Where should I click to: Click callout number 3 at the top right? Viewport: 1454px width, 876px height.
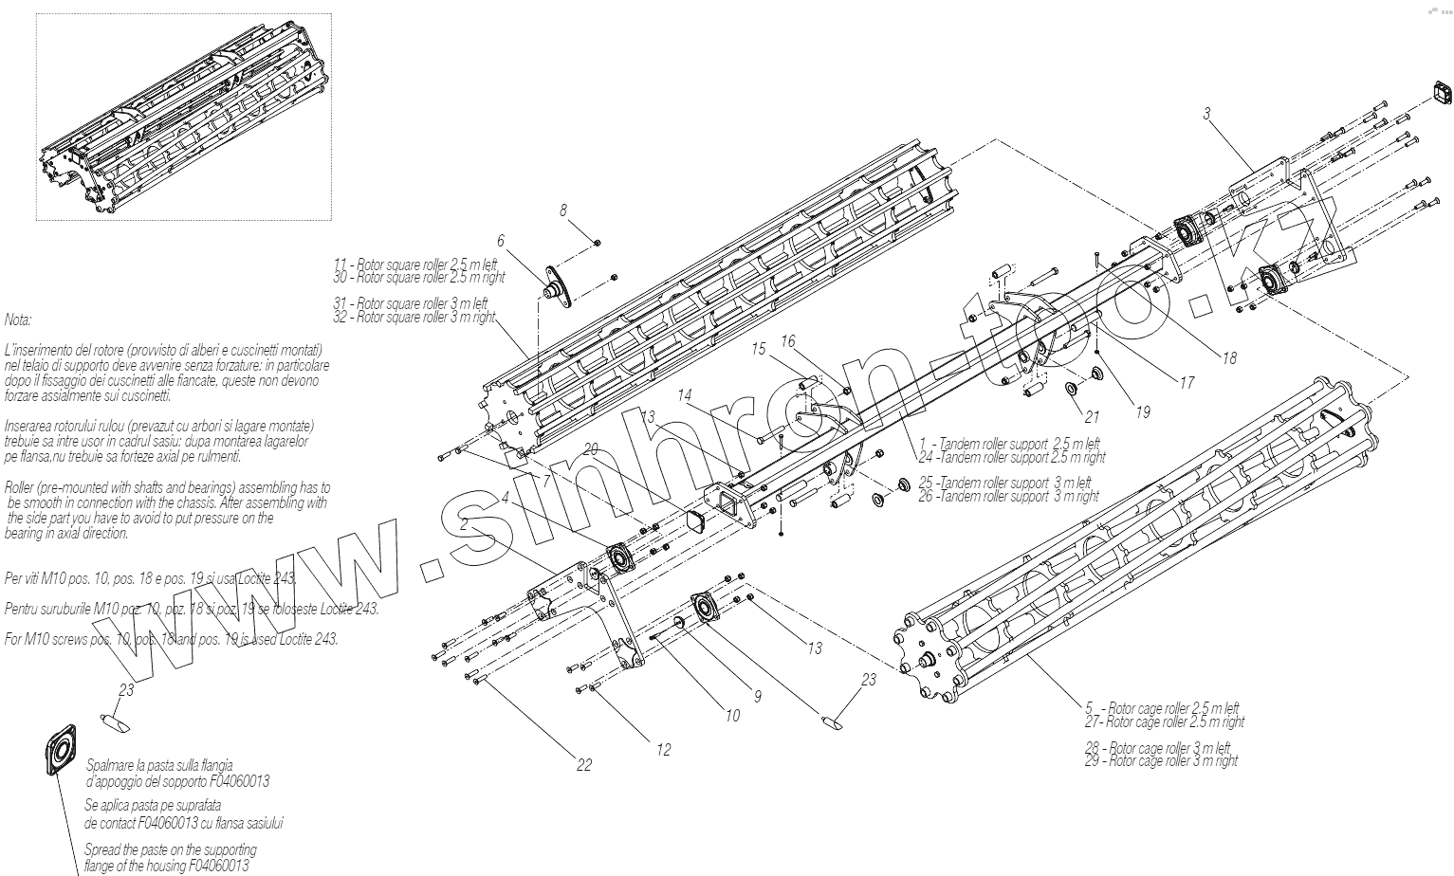tap(1206, 114)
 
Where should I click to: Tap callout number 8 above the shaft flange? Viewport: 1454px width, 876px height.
tap(563, 210)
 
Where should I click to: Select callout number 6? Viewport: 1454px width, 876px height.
tap(501, 241)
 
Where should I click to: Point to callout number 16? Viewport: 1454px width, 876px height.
tap(788, 341)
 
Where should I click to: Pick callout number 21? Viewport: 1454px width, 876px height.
tap(1092, 416)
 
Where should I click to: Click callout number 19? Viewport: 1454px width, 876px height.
tap(1143, 411)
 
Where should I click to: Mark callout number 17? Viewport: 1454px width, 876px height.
tap(1187, 383)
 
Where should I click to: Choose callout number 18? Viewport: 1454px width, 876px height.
tap(1229, 358)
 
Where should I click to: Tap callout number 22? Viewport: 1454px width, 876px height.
tap(584, 765)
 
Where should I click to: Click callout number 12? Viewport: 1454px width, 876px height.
tap(663, 750)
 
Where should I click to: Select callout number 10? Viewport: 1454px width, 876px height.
tap(732, 716)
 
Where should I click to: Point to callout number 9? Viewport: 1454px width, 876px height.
tap(758, 697)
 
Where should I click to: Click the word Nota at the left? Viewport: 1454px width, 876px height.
tap(18, 320)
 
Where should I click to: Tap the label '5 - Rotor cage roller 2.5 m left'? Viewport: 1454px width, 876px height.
tap(1163, 708)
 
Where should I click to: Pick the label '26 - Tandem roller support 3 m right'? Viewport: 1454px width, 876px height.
tap(1008, 496)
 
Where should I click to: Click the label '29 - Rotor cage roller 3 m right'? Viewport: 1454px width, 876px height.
tap(1161, 760)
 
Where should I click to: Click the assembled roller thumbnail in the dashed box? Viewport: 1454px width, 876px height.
tap(184, 117)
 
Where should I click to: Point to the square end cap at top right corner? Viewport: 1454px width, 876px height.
tap(1439, 93)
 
